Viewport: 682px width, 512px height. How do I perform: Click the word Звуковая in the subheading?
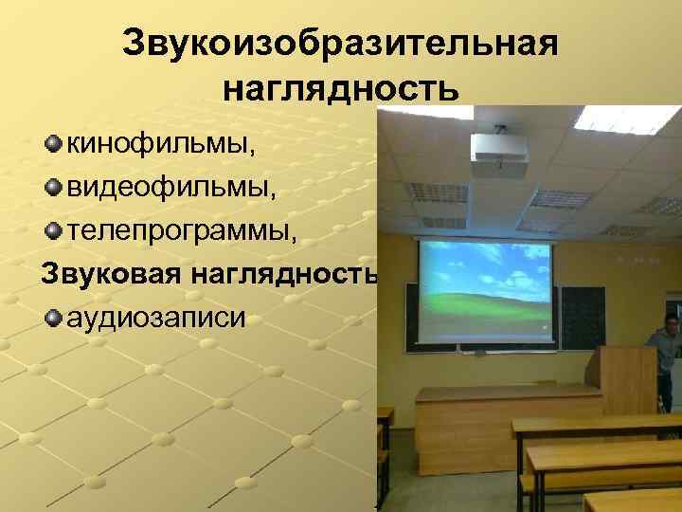click(x=110, y=273)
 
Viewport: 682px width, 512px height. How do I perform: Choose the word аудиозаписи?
click(x=155, y=316)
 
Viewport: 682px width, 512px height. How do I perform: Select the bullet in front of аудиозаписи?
click(x=53, y=315)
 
